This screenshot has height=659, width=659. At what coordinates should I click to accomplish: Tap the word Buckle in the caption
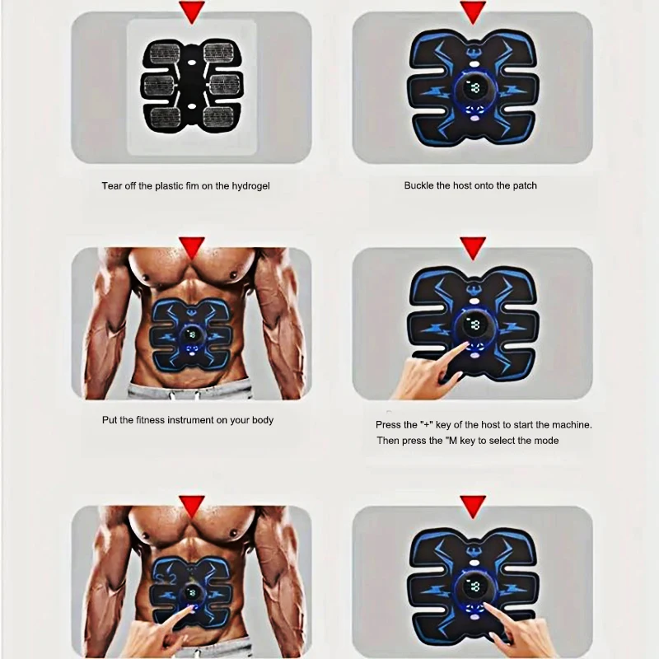tap(420, 186)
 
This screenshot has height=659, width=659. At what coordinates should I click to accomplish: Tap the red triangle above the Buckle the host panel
tap(473, 12)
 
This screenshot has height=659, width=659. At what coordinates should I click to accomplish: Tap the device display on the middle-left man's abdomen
tap(192, 334)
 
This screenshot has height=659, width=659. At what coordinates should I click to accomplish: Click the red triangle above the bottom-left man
tap(192, 506)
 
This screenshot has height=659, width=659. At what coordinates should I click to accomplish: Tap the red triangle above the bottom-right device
tap(473, 506)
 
